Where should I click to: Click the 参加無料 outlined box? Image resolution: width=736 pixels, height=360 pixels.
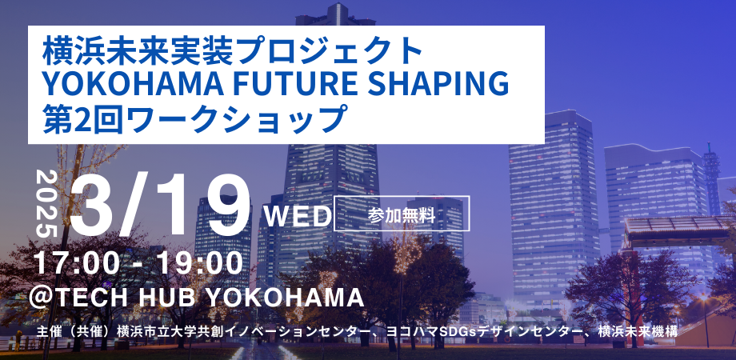click(x=402, y=214)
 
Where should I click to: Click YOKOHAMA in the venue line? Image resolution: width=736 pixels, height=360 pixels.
click(x=284, y=298)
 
